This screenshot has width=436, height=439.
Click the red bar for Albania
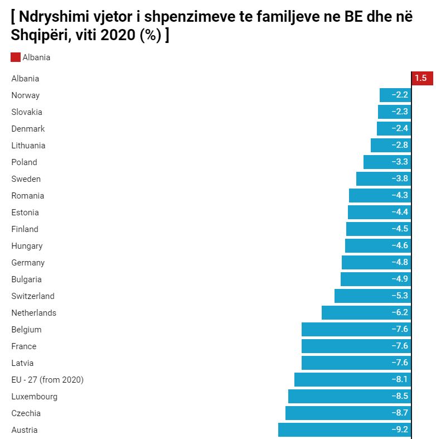pyautogui.click(x=422, y=79)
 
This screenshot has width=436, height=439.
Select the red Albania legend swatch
pyautogui.click(x=16, y=57)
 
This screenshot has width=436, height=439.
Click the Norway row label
pyautogui.click(x=26, y=95)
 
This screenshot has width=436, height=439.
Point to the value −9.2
pyautogui.click(x=400, y=430)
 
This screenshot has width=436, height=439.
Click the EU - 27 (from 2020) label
pyautogui.click(x=47, y=380)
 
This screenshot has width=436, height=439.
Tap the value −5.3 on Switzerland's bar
pyautogui.click(x=400, y=296)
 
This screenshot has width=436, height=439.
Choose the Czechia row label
pyautogui.click(x=26, y=413)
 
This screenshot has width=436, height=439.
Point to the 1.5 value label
pyautogui.click(x=421, y=79)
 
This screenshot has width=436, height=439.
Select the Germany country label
pyautogui.click(x=28, y=263)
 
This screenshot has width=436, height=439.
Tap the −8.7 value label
pyautogui.click(x=400, y=413)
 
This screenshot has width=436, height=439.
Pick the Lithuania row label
pyautogui.click(x=28, y=146)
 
